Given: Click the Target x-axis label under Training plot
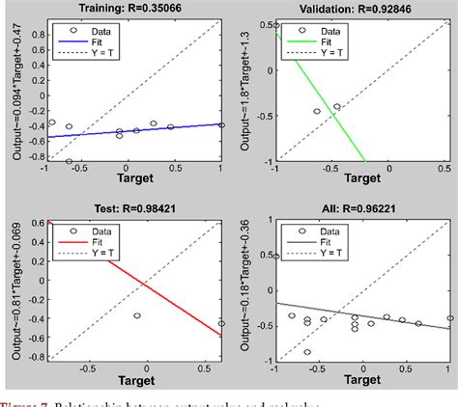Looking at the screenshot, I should coord(133,180).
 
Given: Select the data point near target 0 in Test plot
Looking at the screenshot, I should coord(137,315).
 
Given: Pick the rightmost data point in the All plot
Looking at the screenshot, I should coord(449,318).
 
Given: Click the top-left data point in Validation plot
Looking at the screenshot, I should coord(276,26).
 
